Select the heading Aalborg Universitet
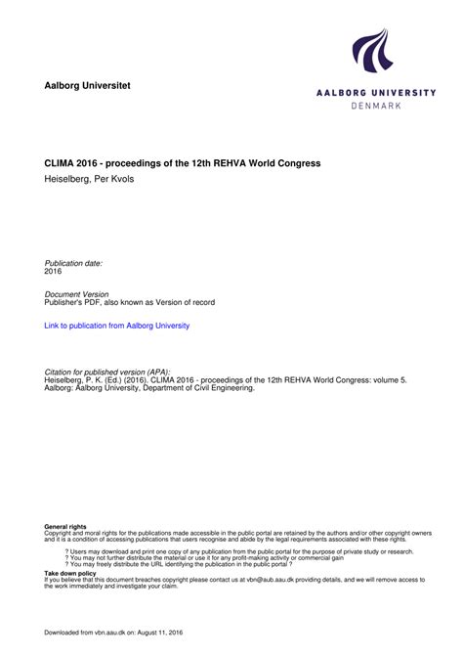click(87, 86)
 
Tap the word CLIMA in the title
click(63, 161)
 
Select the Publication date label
click(74, 264)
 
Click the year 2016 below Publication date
click(55, 272)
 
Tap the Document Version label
click(77, 294)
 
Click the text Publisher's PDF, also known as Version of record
click(130, 303)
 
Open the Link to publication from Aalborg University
click(117, 326)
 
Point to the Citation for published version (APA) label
click(107, 372)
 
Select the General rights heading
click(65, 527)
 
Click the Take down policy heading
click(70, 574)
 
